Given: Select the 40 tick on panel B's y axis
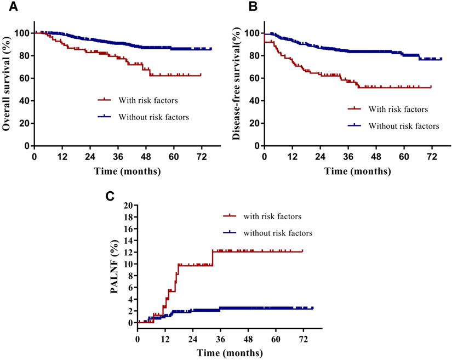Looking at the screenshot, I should (254, 101).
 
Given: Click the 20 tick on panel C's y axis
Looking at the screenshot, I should (128, 205).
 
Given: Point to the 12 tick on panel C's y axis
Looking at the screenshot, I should (128, 252).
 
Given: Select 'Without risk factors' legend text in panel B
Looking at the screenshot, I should (404, 126).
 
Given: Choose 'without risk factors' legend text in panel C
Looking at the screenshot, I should (277, 233).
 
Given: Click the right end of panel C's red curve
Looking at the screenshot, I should (302, 251).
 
